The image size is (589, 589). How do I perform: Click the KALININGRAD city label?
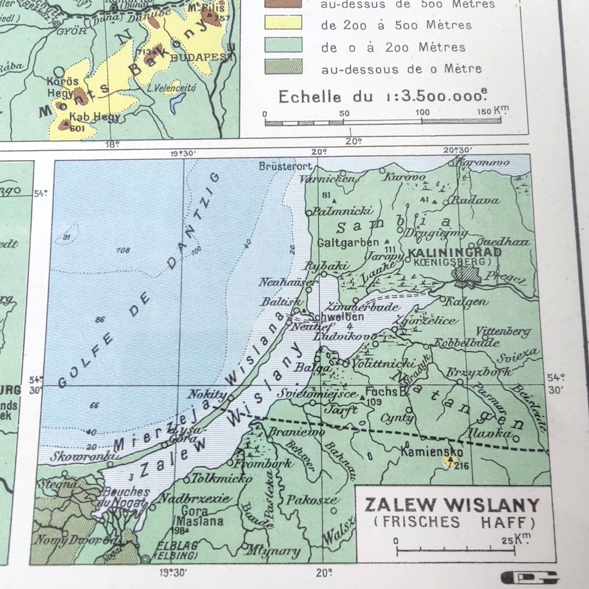454,253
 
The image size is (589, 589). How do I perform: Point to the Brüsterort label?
286,166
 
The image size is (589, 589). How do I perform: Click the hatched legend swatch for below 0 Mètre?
283,67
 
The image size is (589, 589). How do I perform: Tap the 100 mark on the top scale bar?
422,113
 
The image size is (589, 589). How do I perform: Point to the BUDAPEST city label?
201,58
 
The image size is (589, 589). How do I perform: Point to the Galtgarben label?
348,243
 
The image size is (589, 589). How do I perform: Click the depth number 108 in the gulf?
123,250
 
